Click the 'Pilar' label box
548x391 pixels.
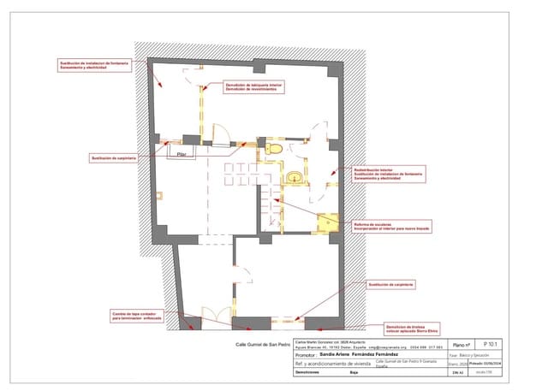coord(180,154)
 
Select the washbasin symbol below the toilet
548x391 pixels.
coord(295,177)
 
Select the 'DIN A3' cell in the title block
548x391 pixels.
coord(456,374)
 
